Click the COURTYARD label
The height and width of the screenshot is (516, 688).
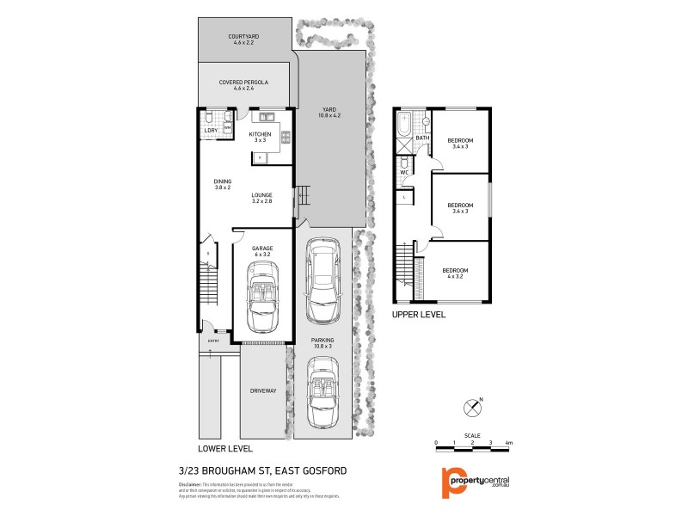click(243, 40)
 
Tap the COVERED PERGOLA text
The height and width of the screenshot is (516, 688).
click(243, 84)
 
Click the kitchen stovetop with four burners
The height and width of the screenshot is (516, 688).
click(285, 134)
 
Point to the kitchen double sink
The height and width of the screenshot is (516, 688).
click(263, 115)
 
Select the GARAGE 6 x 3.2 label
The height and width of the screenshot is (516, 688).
click(262, 252)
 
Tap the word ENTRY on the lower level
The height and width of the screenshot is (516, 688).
click(213, 341)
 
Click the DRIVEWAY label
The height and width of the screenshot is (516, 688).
click(263, 391)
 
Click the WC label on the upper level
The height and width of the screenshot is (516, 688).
click(402, 173)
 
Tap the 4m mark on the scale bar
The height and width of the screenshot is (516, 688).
click(509, 442)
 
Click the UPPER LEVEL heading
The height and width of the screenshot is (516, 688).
click(419, 316)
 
